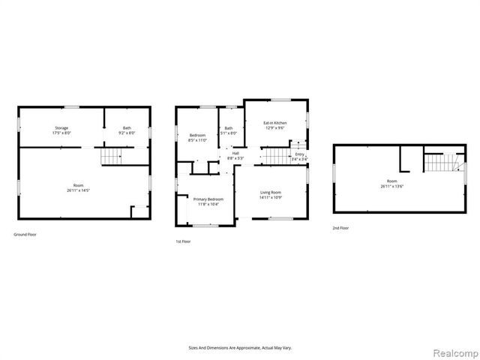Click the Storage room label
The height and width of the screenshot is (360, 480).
(61, 128)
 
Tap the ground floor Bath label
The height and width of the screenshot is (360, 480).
(127, 128)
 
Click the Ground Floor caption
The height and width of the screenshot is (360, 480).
(25, 235)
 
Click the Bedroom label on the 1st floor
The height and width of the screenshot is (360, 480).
(197, 134)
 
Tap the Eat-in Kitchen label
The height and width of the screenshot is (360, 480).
(274, 122)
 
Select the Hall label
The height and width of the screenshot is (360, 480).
(235, 153)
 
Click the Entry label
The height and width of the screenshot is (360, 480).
(298, 154)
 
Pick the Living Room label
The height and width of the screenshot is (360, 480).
(271, 192)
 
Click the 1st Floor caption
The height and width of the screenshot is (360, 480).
(184, 241)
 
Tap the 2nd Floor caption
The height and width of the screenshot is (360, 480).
(341, 227)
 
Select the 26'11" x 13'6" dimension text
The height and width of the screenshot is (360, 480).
(391, 186)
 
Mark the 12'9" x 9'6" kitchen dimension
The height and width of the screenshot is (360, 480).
(274, 127)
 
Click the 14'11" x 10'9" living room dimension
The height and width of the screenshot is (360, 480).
(271, 197)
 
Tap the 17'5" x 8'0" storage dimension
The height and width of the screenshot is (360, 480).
(61, 133)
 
